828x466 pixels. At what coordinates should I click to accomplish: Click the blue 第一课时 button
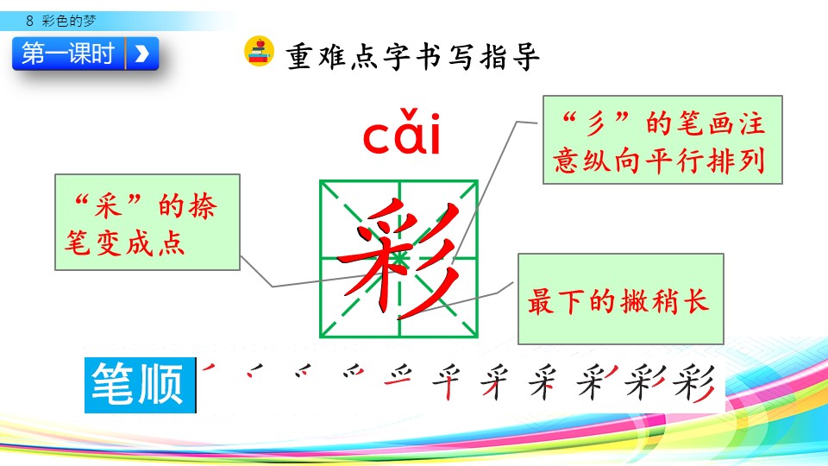click(x=85, y=54)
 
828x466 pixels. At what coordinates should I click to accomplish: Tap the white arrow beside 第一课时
click(x=141, y=54)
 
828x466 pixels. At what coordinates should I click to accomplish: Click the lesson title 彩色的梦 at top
click(x=69, y=21)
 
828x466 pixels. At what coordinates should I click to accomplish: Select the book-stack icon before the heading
click(x=259, y=51)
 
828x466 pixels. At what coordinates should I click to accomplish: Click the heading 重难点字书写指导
click(x=412, y=57)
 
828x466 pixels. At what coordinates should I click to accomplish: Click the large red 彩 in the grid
click(x=398, y=259)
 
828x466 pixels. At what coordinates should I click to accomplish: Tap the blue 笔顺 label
click(x=140, y=385)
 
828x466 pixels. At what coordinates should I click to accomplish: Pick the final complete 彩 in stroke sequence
click(x=694, y=382)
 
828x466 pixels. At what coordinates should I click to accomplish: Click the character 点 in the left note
click(x=170, y=243)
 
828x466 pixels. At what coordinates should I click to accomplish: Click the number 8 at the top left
click(x=29, y=21)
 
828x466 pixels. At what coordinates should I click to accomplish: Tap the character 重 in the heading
click(x=299, y=57)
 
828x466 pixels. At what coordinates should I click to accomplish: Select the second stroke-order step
click(x=255, y=370)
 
